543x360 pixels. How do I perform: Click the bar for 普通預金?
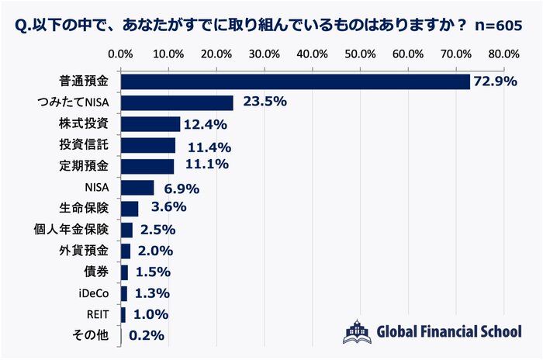click(296, 81)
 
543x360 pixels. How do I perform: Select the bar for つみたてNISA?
click(177, 102)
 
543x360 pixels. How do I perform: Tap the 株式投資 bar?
click(150, 124)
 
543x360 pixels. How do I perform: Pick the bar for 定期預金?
click(147, 166)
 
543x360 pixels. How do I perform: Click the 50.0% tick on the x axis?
click(361, 54)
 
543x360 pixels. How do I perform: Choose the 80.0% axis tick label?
click(504, 54)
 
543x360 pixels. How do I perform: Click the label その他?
click(95, 336)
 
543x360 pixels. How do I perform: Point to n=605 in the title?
click(496, 23)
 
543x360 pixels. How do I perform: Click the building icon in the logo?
click(356, 331)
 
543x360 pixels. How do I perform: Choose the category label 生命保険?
click(85, 209)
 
